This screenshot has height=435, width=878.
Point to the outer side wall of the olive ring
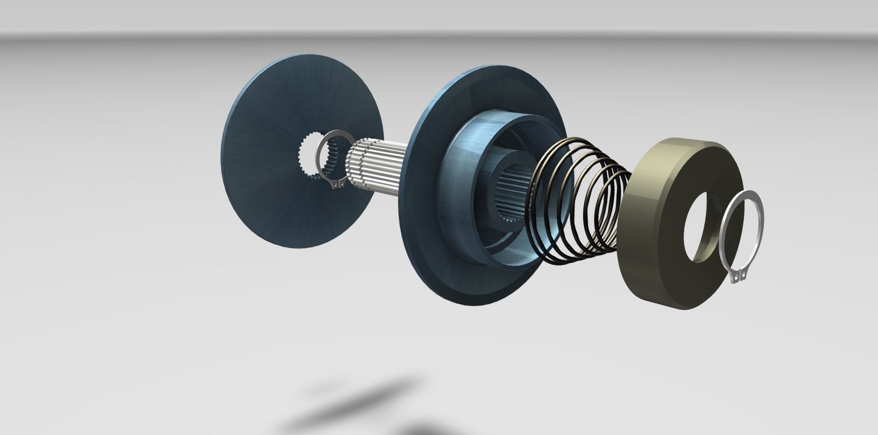click(x=640, y=256)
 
